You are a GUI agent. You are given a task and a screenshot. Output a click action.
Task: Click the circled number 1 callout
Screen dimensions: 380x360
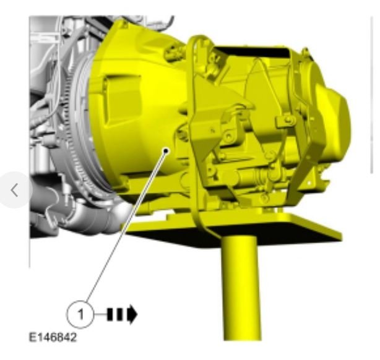(80, 314)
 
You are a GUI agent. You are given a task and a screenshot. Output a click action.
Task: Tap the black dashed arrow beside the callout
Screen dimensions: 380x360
(122, 314)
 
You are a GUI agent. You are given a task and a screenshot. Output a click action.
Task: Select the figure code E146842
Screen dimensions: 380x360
(53, 337)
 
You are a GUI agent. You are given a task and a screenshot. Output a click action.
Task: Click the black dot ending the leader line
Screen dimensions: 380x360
(166, 151)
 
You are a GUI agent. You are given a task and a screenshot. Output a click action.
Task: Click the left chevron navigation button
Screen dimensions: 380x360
(15, 190)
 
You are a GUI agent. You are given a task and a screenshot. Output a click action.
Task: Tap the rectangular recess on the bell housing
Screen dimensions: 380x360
(123, 100)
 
